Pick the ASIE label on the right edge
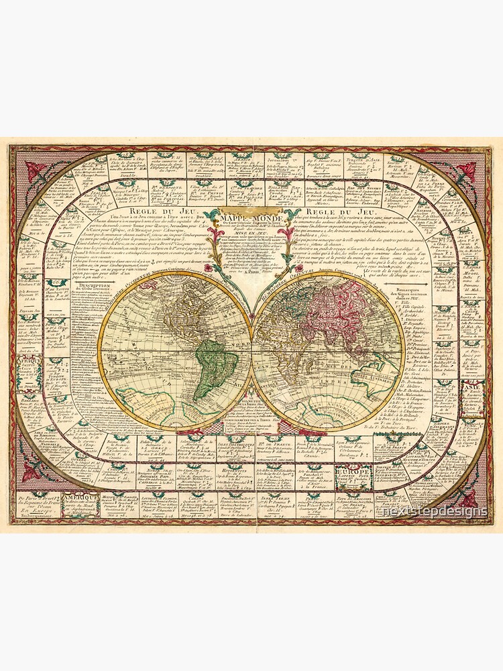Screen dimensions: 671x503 click(x=470, y=387)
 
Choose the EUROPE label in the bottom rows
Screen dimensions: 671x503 click(x=355, y=472)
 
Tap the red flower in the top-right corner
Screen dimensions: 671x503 click(x=467, y=170)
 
